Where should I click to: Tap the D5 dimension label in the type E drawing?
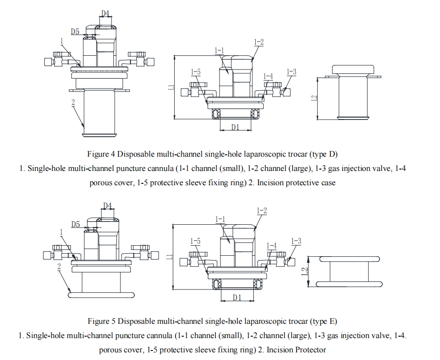coord(75,224)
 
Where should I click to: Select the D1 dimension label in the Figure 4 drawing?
coord(235,127)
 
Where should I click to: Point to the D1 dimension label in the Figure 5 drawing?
coord(237,297)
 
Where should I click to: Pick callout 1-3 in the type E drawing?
coord(296,241)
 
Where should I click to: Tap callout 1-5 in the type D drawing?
coord(195,72)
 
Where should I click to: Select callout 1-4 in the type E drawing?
coord(271,246)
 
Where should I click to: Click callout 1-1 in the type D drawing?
coord(219,50)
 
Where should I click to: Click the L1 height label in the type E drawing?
coord(169,257)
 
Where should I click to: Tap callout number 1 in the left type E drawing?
coord(61,232)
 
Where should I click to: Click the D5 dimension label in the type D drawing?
coord(75,32)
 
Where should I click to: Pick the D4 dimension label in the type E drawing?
coord(108,206)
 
